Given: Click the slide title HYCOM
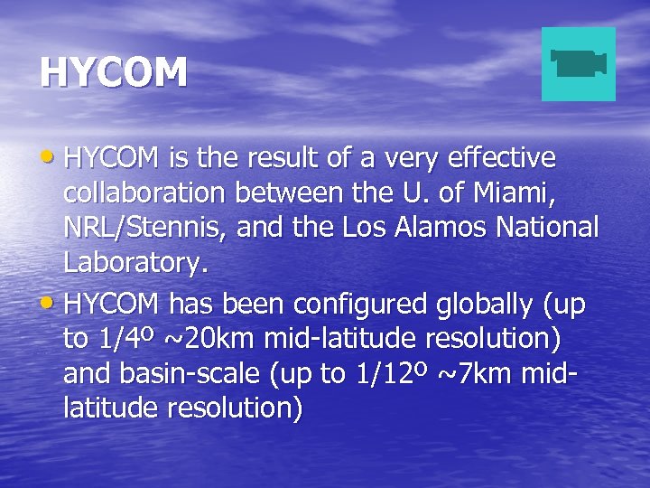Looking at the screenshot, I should (114, 72).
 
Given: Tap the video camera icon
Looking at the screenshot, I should (578, 63).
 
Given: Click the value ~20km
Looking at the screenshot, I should (200, 340).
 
